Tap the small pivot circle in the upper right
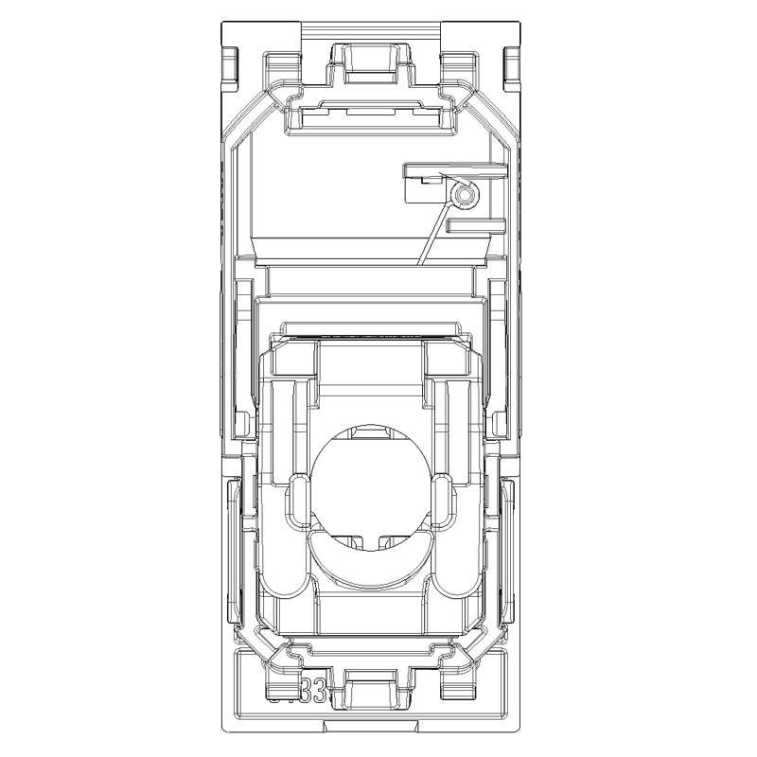click(463, 196)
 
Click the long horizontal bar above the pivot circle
click(455, 169)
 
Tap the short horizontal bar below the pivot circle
click(474, 227)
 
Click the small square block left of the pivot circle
click(417, 190)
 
